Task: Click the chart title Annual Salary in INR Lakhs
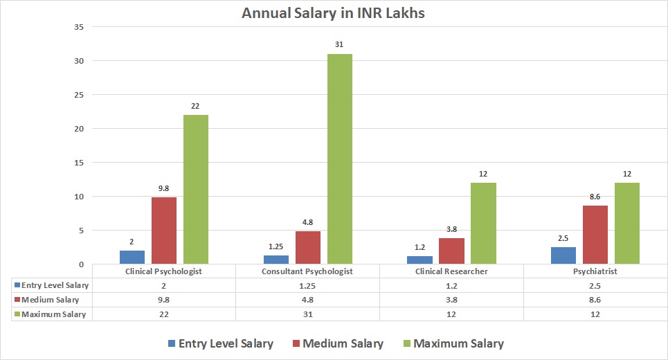point(334,13)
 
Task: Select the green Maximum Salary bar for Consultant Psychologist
point(339,159)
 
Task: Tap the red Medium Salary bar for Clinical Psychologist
point(164,231)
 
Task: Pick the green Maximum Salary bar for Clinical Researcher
point(483,223)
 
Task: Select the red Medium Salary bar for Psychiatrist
point(595,235)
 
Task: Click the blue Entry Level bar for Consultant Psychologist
point(276,260)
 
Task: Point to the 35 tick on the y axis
point(78,27)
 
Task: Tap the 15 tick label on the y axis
point(78,163)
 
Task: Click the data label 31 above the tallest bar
point(339,46)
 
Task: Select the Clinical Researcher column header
point(451,271)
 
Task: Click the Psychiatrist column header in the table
point(595,271)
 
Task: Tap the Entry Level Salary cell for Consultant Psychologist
point(307,285)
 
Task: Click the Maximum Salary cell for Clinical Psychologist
point(163,314)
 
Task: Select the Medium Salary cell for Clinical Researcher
point(451,300)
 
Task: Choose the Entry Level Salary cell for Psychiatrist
point(595,285)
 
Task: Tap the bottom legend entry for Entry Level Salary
point(220,343)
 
